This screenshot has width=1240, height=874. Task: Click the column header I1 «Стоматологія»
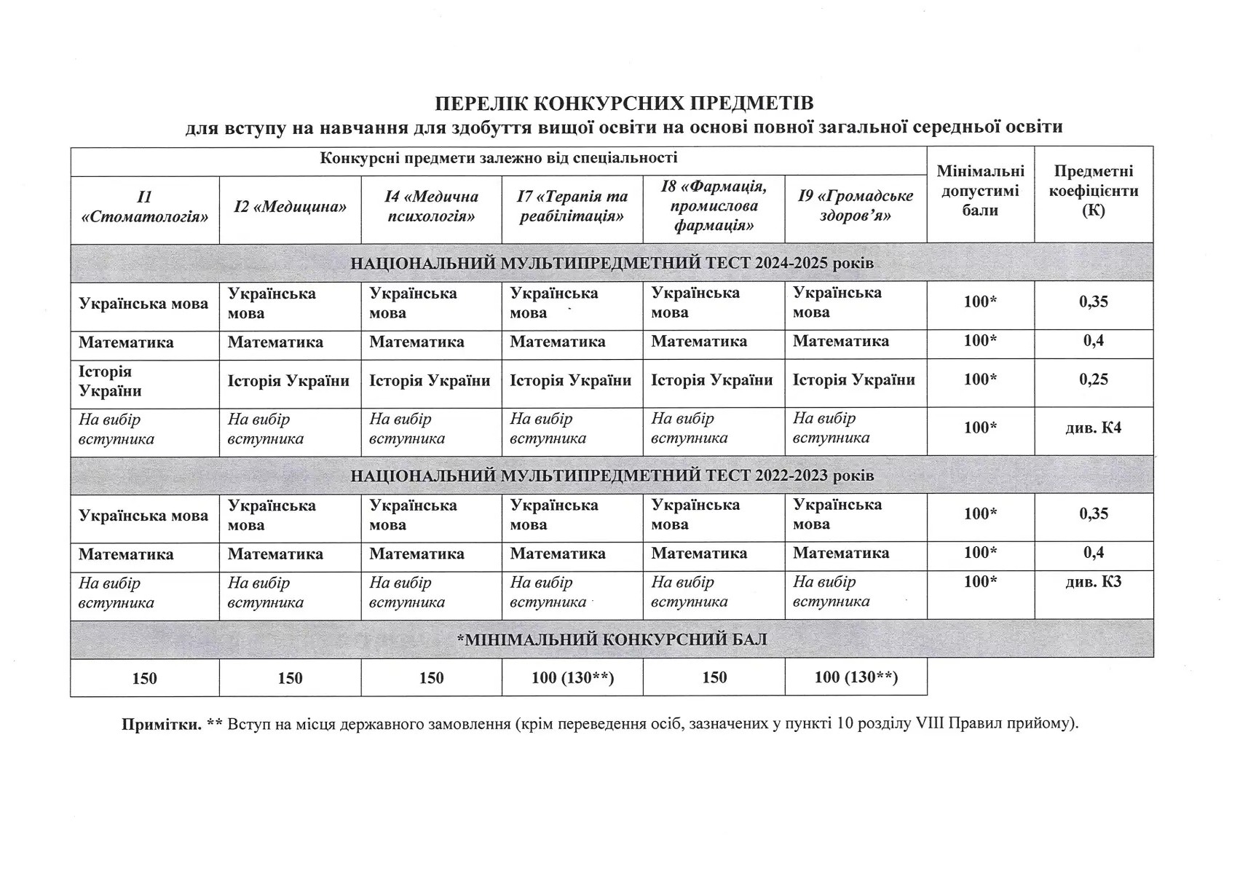pos(144,207)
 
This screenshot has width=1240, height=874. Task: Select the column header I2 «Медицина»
pos(290,207)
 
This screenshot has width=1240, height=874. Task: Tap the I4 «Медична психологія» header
pos(431,207)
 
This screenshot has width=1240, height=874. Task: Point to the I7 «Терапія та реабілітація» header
pos(572,207)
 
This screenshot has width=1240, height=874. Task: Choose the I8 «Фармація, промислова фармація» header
pos(714,206)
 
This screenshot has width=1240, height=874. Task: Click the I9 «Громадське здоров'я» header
pos(856,206)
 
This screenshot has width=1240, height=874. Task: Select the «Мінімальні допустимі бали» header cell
pos(980,191)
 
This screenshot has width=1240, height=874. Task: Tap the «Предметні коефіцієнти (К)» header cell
pos(1094,191)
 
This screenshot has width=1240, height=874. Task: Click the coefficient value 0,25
pos(1094,379)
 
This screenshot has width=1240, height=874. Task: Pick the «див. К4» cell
pos(1094,428)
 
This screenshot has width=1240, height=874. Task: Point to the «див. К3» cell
pos(1094,582)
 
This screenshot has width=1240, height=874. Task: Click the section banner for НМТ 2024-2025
pos(612,263)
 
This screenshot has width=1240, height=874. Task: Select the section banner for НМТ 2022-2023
pos(612,476)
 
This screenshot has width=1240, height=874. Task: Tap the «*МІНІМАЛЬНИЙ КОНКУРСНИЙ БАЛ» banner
pos(612,639)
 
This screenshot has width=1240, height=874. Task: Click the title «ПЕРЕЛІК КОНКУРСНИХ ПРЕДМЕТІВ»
pos(623,103)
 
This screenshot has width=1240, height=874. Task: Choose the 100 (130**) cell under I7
pos(572,678)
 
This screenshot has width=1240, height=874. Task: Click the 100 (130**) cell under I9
pos(856,678)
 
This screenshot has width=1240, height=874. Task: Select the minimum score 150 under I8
pos(714,678)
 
